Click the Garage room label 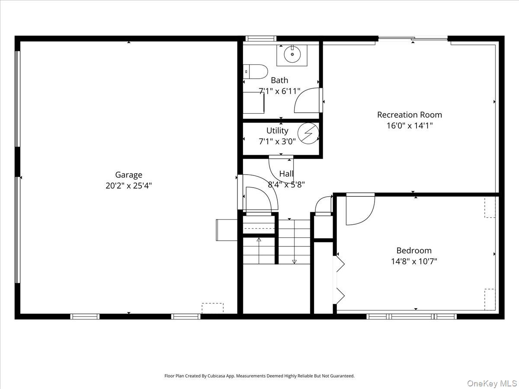coord(128,175)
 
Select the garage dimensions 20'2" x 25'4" coord(128,186)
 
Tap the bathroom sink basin coord(292,54)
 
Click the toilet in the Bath coord(255,72)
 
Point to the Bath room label coord(279,80)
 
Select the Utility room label coord(277,131)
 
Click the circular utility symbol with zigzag coord(308,134)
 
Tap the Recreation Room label coord(410,115)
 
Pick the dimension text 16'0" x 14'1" coord(410,126)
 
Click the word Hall coord(286,174)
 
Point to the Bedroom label coord(414,250)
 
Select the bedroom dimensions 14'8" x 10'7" coord(414,261)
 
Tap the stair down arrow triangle coord(294,261)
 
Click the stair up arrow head coord(259,240)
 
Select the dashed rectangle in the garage coord(212,308)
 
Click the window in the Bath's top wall coord(261,38)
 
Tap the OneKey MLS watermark coord(492,383)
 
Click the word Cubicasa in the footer coord(216,376)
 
